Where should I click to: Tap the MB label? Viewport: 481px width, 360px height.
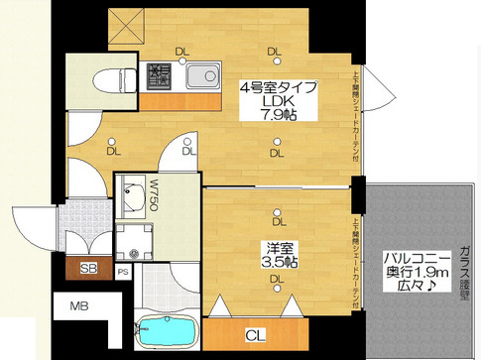(78, 307)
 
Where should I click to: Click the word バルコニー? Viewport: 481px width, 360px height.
(419, 259)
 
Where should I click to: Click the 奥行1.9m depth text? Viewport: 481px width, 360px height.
(419, 275)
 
